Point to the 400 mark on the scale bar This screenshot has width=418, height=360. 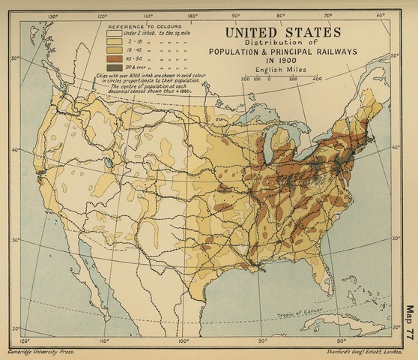tap(316, 78)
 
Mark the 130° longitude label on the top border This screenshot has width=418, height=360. tap(53, 15)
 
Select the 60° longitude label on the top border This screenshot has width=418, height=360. tap(380, 15)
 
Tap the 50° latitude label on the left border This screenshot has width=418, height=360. tap(15, 58)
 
